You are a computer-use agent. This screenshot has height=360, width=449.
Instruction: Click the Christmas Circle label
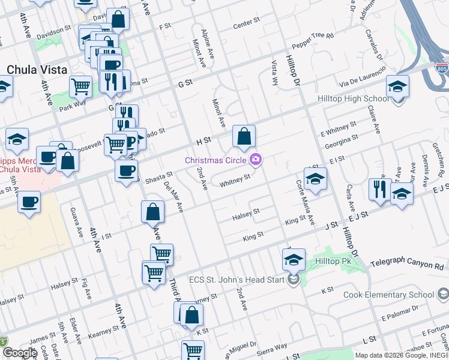(x=217, y=160)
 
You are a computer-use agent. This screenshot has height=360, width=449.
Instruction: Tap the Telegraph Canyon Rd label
(x=409, y=265)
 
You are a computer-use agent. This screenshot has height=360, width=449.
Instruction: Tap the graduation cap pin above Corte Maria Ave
(x=315, y=178)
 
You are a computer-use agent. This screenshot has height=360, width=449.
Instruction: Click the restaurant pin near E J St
(x=379, y=188)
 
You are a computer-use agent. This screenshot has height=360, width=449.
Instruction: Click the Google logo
(x=19, y=353)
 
